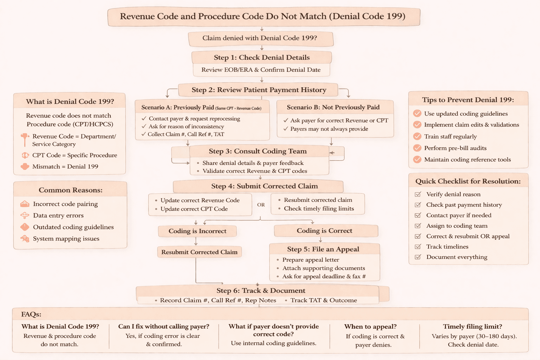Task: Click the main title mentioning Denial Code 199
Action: (263, 17)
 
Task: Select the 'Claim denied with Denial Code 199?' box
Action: (260, 38)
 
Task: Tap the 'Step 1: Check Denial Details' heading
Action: (262, 58)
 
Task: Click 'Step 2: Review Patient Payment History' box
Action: (259, 90)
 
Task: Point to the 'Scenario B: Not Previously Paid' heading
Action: (333, 107)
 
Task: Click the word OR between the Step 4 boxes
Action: (261, 205)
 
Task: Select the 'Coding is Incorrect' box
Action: (197, 231)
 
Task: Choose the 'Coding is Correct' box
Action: (324, 231)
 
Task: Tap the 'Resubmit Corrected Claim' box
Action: (199, 252)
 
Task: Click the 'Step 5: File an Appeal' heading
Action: (323, 249)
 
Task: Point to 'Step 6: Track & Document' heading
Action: (261, 291)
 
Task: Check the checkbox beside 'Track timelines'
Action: (418, 247)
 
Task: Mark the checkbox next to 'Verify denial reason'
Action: (418, 194)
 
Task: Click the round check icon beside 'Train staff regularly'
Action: (417, 136)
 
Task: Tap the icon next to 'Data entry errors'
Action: (25, 216)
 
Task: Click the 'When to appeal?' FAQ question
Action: (370, 327)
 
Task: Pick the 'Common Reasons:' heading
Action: (70, 190)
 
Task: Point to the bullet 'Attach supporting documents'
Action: (323, 268)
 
